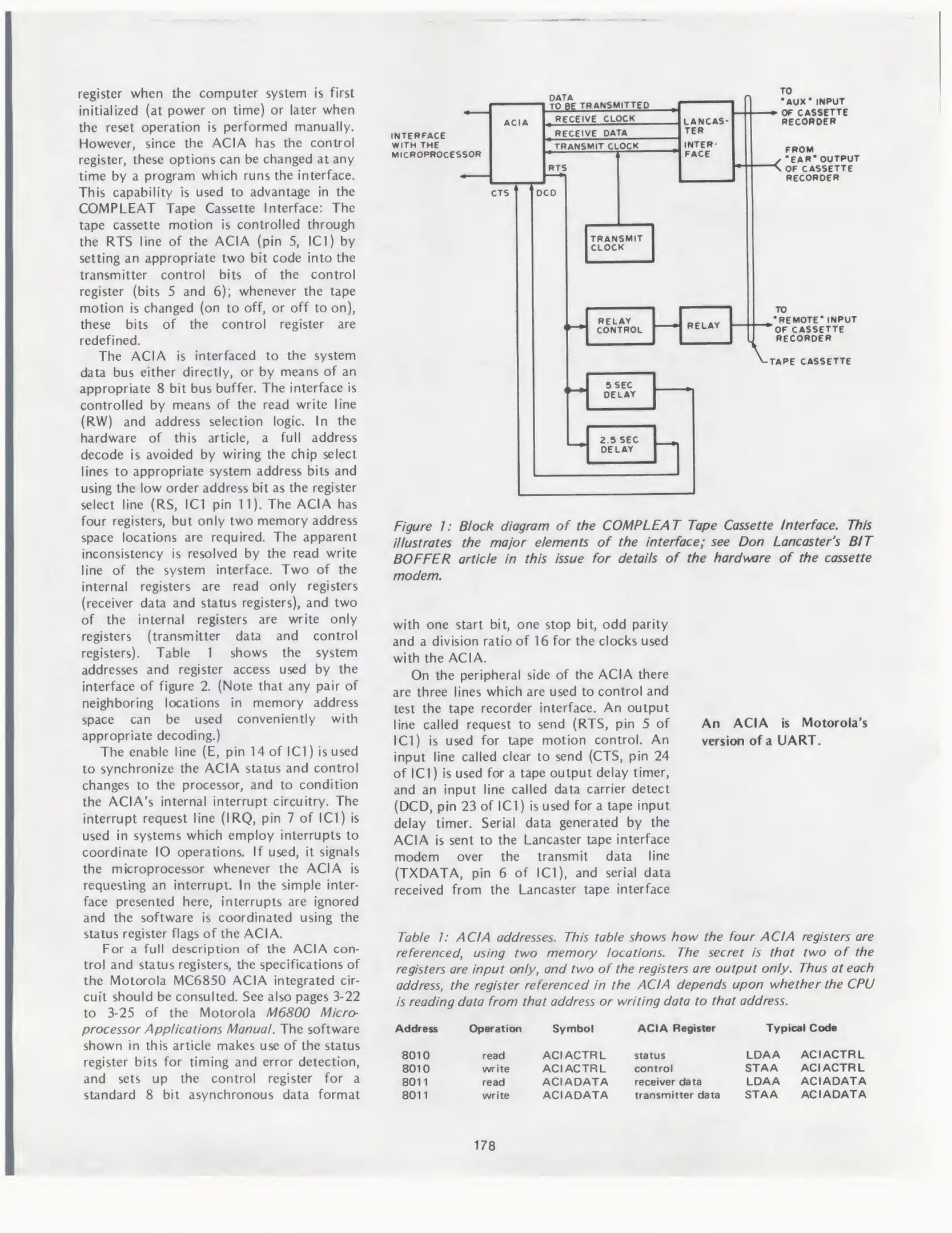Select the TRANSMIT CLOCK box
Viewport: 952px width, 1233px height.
(x=619, y=243)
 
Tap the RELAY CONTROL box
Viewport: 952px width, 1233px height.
(x=620, y=325)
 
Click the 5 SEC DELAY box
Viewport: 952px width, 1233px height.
(x=620, y=390)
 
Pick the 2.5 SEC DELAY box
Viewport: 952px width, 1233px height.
(x=621, y=445)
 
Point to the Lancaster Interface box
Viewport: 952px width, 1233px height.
(x=706, y=140)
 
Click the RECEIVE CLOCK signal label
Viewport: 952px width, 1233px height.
(x=595, y=119)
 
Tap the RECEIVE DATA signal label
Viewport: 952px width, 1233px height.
(x=591, y=133)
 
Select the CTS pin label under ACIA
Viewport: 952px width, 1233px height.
(x=500, y=193)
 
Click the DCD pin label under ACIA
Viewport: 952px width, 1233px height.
(x=546, y=193)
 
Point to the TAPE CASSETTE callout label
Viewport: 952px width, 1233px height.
(x=810, y=361)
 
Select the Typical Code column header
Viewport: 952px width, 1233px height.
(x=801, y=1028)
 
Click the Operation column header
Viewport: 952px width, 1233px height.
(x=495, y=1029)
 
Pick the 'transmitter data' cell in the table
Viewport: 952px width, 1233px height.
(x=677, y=1095)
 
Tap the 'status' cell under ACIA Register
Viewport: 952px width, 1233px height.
(x=649, y=1055)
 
